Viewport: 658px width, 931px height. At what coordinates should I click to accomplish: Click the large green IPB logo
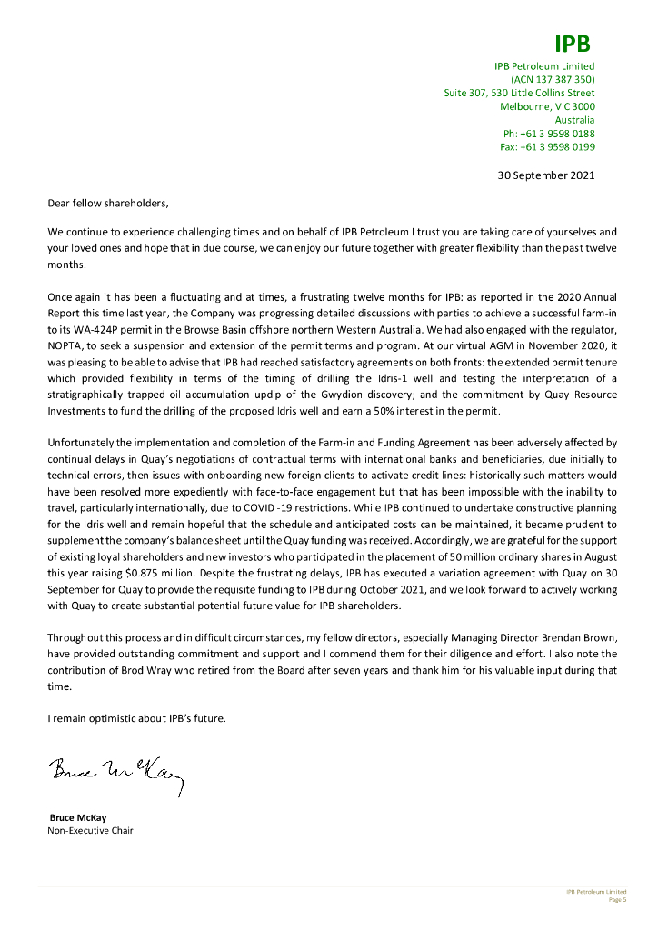point(572,44)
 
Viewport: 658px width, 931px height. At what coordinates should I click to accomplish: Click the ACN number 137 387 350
point(553,79)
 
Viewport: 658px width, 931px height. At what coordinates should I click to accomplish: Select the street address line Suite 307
point(519,93)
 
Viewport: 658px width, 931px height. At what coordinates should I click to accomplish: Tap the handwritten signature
point(116,776)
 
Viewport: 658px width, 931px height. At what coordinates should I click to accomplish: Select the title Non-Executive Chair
point(90,830)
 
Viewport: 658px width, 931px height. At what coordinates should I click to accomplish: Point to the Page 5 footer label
point(617,900)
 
